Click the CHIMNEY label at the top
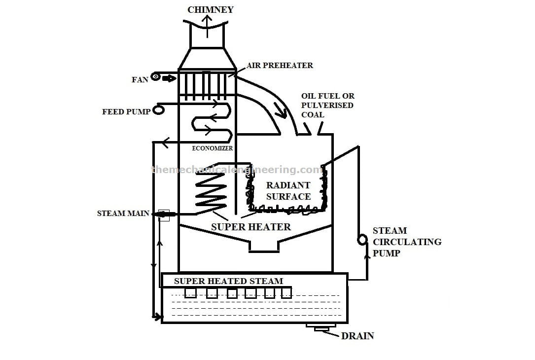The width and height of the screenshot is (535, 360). (x=210, y=10)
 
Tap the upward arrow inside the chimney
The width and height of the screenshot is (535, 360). (x=207, y=24)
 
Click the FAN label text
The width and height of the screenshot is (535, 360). (x=140, y=79)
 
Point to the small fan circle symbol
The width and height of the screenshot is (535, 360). (x=156, y=77)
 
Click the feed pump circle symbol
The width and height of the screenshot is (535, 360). (x=158, y=109)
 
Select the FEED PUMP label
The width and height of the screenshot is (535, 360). (x=126, y=112)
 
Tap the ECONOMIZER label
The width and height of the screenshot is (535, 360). (x=212, y=148)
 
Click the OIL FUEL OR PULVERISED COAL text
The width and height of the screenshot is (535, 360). (x=328, y=105)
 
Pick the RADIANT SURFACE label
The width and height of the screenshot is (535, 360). (x=288, y=191)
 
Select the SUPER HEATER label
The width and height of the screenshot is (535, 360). (x=250, y=227)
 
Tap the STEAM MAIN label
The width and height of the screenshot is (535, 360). (x=123, y=214)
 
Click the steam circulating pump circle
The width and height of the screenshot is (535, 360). (x=362, y=240)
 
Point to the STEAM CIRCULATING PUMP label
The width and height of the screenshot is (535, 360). (x=406, y=242)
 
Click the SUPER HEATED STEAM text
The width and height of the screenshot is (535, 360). (x=228, y=281)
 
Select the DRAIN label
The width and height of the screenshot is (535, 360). (x=357, y=336)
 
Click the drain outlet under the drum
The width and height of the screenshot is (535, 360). (x=321, y=326)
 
